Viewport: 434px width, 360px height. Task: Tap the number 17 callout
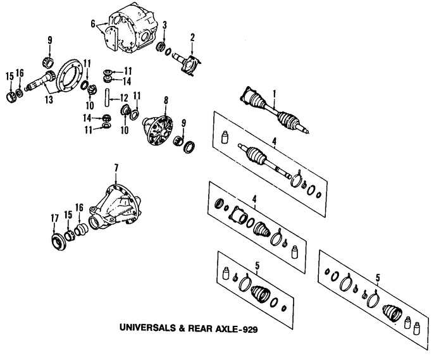(x=54, y=219)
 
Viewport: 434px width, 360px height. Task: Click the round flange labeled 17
(x=58, y=240)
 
